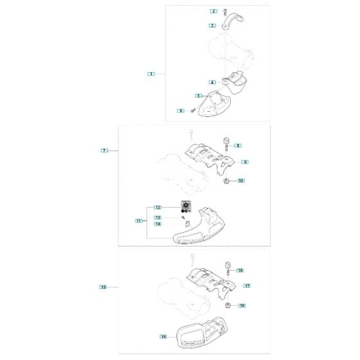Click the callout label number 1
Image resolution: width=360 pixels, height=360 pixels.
pos(151,74)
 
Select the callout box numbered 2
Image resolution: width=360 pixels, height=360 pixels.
pos(213,11)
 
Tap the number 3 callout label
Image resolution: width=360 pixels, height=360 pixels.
pos(212,26)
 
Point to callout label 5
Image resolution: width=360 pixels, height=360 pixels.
pos(199,96)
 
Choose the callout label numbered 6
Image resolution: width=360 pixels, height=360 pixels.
pos(181,111)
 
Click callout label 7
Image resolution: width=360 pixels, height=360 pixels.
pos(104,150)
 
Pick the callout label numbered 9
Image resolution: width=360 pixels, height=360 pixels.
pos(245,162)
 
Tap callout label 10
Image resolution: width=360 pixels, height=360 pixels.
pos(241,181)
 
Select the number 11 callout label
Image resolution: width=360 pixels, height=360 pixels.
pos(139,221)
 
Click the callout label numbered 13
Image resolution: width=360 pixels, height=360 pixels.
pos(157,217)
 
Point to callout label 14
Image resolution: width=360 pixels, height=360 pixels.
pos(157,224)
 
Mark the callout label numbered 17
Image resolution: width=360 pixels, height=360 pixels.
pos(247,286)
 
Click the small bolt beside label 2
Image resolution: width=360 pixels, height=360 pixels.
pos(225,12)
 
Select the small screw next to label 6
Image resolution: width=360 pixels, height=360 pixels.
pos(193,110)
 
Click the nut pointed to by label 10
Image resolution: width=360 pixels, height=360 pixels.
pos(226,181)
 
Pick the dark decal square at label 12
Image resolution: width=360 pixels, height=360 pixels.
pos(186,206)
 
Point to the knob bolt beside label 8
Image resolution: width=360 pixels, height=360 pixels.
pos(226,143)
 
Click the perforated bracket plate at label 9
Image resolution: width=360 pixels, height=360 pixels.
pos(210,158)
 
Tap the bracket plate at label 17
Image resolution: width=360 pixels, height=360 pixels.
pos(212,282)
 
